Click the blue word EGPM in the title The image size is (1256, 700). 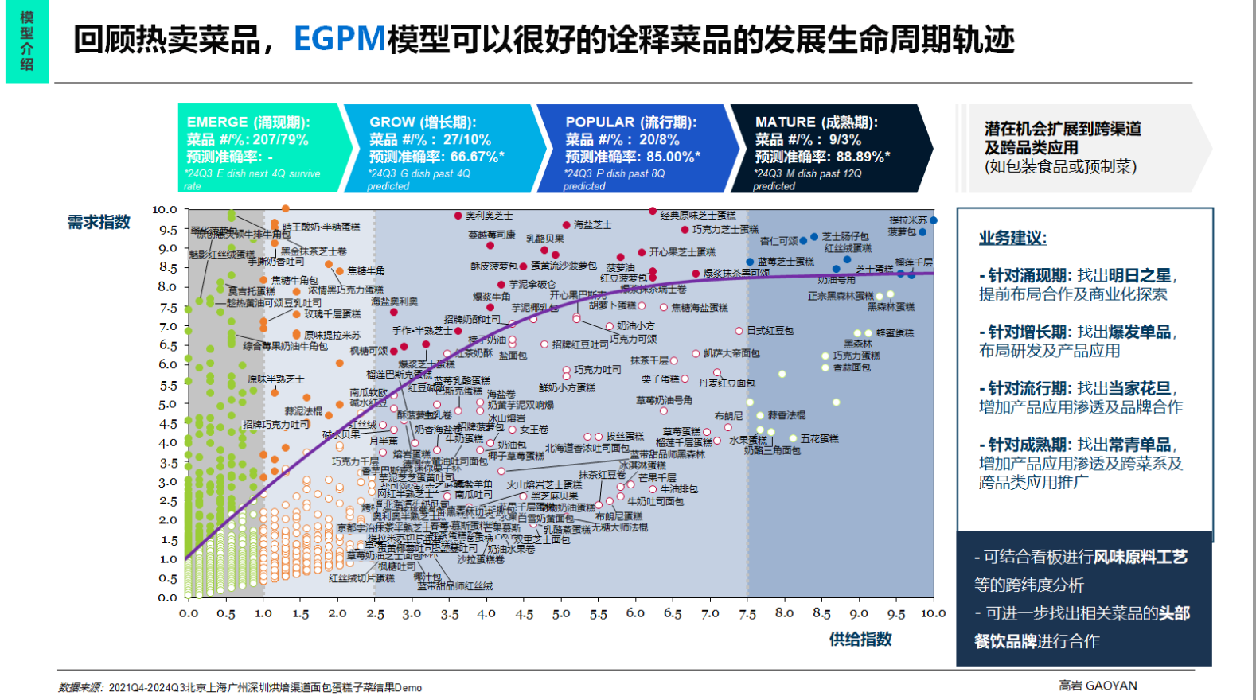point(340,39)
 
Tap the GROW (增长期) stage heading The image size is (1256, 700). point(423,122)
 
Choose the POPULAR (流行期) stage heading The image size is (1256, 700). point(630,122)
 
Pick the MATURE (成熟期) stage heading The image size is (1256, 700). point(816,122)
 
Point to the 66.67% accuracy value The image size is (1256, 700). point(477,157)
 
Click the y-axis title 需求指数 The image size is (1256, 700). point(99,222)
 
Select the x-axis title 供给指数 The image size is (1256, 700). point(860,639)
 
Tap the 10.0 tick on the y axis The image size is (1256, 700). point(165,210)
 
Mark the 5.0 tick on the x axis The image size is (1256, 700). point(561,613)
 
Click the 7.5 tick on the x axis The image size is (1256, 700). point(747,613)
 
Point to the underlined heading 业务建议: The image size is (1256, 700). point(1012,238)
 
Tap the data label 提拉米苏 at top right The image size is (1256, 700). point(907,220)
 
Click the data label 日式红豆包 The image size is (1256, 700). point(770,331)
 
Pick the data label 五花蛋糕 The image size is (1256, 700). point(819,438)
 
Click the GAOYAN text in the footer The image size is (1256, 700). point(1111,686)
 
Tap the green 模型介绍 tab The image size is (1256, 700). point(27,41)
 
